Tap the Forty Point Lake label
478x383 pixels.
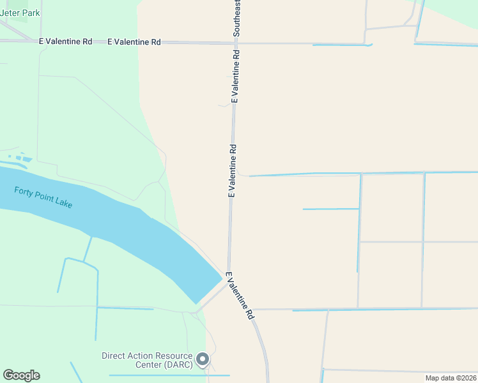[x=43, y=197]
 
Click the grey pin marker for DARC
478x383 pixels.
[x=203, y=359]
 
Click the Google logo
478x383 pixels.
[x=21, y=375]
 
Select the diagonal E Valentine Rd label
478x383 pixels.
[x=240, y=296]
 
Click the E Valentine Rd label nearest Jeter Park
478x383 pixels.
[x=65, y=41]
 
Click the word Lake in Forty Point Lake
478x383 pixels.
[x=63, y=204]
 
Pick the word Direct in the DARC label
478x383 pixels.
[x=114, y=356]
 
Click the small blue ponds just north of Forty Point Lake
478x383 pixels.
[x=20, y=157]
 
